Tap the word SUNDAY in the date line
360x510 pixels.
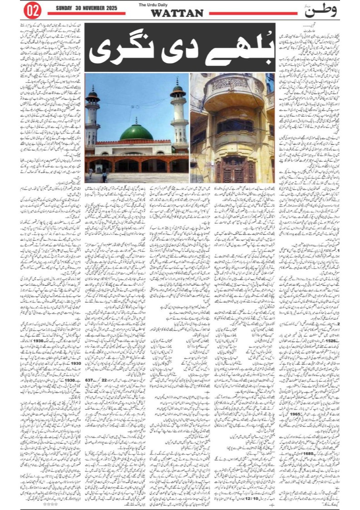(65, 8)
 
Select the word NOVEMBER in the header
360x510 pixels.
(93, 8)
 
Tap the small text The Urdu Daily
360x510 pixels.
(177, 5)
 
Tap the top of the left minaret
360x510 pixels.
(93, 89)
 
